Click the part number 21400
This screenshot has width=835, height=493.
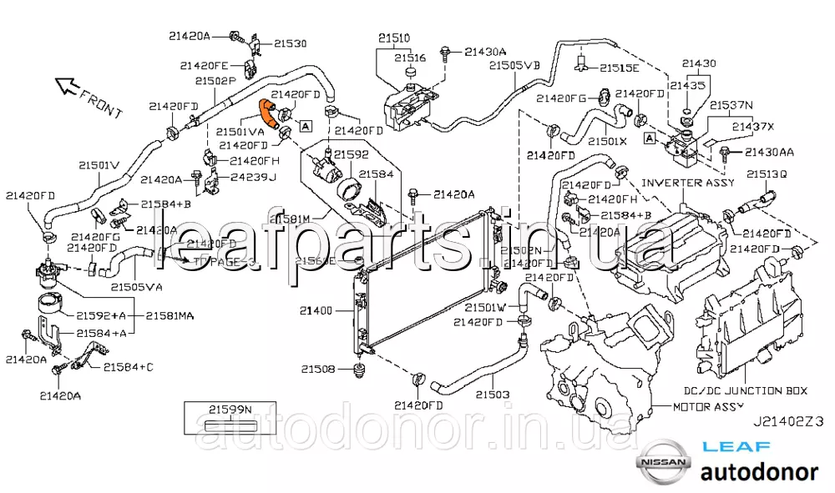[317, 311]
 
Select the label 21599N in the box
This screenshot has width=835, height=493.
[230, 408]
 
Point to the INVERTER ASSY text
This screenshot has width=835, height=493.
[688, 183]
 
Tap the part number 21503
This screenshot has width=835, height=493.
[493, 394]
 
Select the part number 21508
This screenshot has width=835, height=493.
[318, 368]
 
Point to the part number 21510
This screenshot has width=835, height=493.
[393, 38]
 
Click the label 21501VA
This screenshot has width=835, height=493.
[240, 131]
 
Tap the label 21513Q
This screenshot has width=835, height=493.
[767, 174]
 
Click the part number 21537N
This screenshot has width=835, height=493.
[731, 106]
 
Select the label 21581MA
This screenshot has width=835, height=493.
[170, 316]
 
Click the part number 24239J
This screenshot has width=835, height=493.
[254, 178]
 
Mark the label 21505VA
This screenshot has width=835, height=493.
[136, 287]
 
